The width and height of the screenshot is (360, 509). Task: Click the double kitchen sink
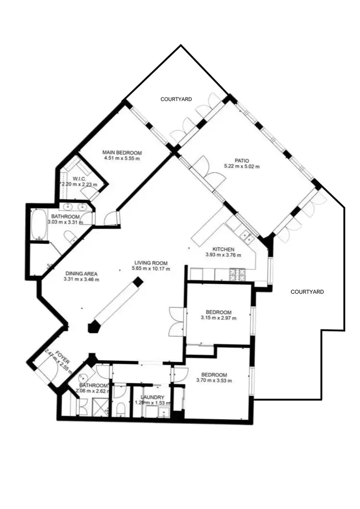coord(247,235)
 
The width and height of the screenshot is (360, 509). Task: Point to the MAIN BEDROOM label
coord(122,153)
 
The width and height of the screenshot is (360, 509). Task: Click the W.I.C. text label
coord(80,179)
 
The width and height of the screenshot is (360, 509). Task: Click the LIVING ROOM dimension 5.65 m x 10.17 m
coord(151,269)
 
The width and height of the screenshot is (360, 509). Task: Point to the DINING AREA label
coord(82,274)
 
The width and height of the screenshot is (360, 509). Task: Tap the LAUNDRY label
coord(153,398)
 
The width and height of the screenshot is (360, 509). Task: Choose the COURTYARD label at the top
coord(176,99)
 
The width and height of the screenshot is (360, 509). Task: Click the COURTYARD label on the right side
coord(307,291)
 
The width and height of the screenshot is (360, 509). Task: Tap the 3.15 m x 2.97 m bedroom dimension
coord(218,318)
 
